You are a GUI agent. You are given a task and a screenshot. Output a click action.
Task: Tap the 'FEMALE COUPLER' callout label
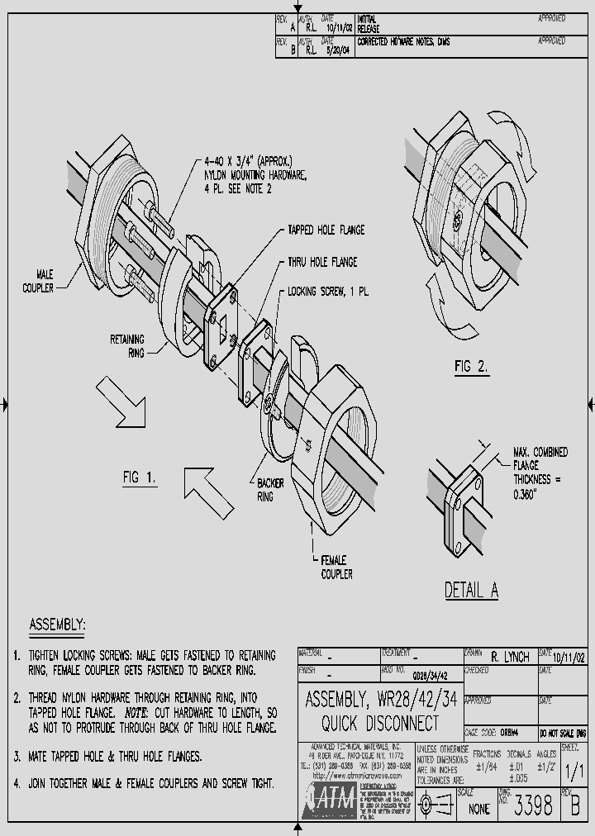click(x=336, y=567)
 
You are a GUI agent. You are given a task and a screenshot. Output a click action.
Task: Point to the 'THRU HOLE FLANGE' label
click(x=321, y=262)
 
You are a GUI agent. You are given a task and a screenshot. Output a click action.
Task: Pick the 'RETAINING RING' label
click(x=127, y=345)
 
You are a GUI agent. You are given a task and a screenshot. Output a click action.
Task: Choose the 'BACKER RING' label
click(x=270, y=490)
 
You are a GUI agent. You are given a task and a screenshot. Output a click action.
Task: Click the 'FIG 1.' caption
click(x=139, y=477)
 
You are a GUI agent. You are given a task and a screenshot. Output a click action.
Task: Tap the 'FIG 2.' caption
click(x=471, y=366)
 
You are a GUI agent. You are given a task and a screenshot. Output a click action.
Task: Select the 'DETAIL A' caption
click(x=471, y=591)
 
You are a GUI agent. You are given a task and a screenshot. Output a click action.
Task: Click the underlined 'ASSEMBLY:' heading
click(x=57, y=624)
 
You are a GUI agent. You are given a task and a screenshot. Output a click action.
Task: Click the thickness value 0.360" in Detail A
click(x=525, y=494)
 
